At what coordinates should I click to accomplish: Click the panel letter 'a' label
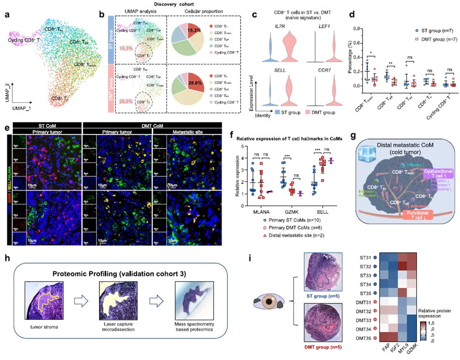[8, 15]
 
